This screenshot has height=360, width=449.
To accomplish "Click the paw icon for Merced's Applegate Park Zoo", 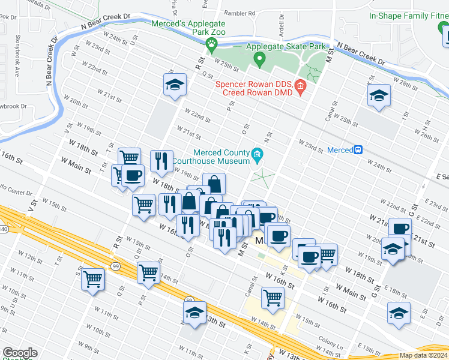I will (x=211, y=43).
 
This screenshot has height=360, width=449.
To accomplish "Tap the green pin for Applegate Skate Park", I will (x=259, y=59).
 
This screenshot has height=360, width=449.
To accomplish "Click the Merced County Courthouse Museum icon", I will (x=258, y=156).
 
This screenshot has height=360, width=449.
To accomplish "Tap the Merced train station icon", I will (x=358, y=149).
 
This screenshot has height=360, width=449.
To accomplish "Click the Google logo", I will (x=20, y=353).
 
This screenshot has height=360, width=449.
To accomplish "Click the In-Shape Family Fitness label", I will (x=408, y=16).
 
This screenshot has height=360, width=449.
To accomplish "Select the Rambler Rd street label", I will (x=240, y=13).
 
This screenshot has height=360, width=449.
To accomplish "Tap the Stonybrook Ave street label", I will (x=17, y=62).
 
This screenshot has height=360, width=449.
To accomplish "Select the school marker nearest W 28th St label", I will (x=379, y=96).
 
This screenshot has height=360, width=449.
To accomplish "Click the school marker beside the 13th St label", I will (x=195, y=313).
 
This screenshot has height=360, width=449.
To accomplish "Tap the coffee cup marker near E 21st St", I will (x=400, y=228).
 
